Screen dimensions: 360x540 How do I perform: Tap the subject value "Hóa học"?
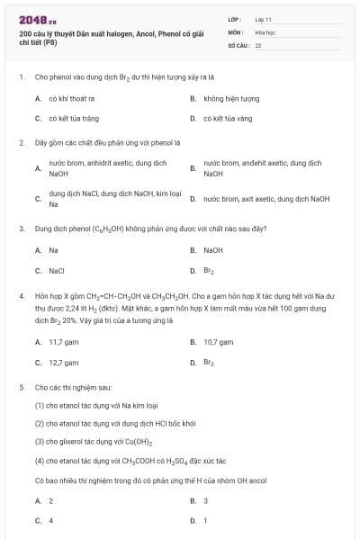point(265,31)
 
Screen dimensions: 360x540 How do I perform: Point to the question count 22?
point(258,44)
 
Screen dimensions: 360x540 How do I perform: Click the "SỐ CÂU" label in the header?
point(237,44)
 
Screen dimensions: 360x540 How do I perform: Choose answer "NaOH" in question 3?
point(213,250)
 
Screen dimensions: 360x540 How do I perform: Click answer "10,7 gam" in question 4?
point(219,342)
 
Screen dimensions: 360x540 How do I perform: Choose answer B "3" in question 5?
point(206,500)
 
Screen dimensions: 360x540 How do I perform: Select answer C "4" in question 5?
point(51,520)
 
